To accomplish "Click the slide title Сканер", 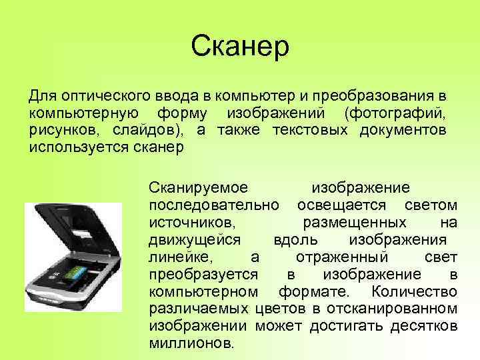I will coord(239,47).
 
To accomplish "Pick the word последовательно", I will coord(216,205).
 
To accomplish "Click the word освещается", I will coord(345,205).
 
